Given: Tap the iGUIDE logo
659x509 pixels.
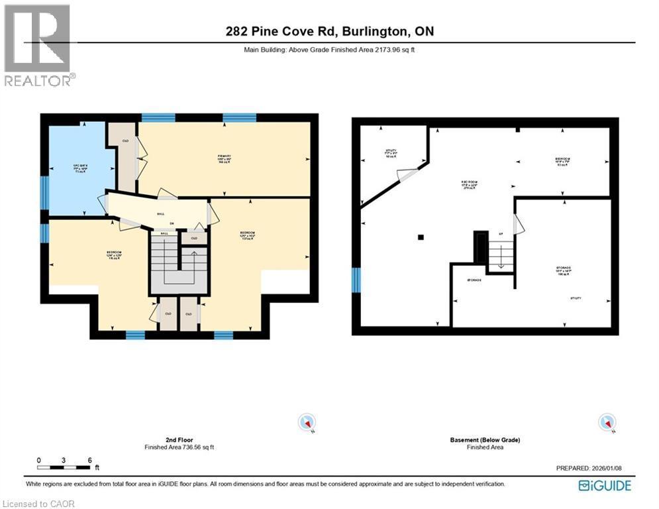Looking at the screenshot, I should (x=604, y=486).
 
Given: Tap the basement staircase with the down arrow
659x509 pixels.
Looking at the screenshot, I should (x=501, y=256).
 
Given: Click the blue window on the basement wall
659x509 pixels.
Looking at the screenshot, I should (x=356, y=280).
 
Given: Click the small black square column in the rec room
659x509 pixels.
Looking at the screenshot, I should (x=421, y=237).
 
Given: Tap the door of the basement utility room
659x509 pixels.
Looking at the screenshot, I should (x=407, y=176).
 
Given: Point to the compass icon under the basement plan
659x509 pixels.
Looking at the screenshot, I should (x=606, y=422).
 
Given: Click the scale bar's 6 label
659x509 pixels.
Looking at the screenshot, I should (x=89, y=460).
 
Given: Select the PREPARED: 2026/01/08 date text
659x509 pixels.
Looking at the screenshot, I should (x=589, y=469).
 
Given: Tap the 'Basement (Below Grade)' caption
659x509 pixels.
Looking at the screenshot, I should (x=485, y=440).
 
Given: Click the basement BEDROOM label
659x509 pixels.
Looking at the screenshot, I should (x=563, y=160).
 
